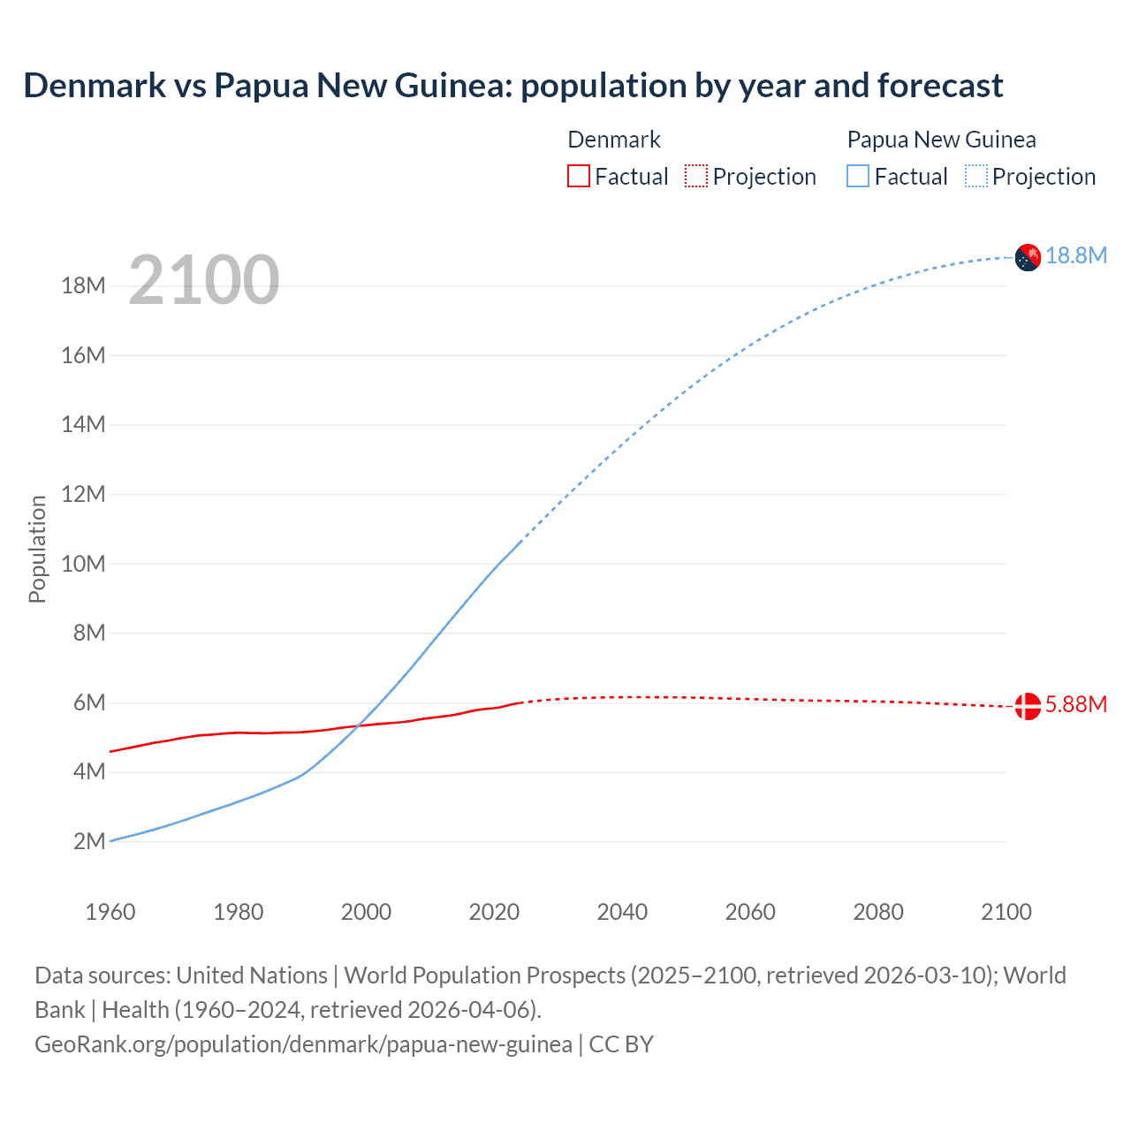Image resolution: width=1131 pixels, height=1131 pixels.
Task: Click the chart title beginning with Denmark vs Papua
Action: (512, 86)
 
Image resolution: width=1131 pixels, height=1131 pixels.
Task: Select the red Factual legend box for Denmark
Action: (579, 176)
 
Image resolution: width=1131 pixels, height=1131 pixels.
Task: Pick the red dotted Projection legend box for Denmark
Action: (696, 176)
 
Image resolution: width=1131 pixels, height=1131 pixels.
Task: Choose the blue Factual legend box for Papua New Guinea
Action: (858, 176)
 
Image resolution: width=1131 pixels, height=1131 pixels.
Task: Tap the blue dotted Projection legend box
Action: (975, 176)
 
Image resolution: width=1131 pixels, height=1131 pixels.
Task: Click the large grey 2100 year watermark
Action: (204, 281)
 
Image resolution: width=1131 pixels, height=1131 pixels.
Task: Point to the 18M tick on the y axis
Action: (84, 285)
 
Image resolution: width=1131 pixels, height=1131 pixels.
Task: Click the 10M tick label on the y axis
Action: (84, 564)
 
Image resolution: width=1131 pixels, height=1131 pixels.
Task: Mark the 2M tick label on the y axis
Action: (89, 841)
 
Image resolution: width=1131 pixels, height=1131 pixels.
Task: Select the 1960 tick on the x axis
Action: (110, 912)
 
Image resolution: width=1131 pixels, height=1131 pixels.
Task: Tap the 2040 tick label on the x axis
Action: (622, 912)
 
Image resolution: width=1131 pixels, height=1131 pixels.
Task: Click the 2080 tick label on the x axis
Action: (878, 912)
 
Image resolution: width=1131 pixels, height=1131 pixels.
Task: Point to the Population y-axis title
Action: (37, 549)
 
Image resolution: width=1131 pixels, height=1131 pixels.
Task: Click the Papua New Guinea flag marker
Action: (1028, 257)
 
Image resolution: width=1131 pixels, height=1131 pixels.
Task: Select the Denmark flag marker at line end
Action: (1028, 706)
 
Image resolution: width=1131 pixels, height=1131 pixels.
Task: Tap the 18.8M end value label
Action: (1076, 255)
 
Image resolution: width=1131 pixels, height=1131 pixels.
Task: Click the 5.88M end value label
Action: (1076, 704)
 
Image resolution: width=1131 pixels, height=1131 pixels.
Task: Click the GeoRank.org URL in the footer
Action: (303, 1044)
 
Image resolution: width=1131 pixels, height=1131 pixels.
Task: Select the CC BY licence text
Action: (621, 1044)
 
